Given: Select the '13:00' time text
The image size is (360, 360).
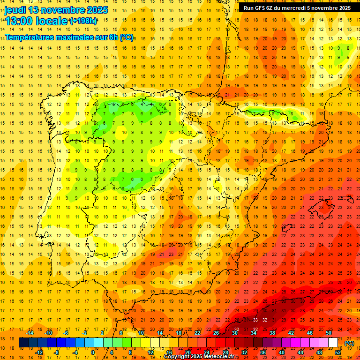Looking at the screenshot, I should click(18, 21).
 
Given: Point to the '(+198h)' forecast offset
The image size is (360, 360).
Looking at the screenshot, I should click(83, 21).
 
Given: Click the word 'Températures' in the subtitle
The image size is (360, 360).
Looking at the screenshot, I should click(28, 37).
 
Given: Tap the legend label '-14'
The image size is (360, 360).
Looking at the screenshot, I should click(30, 333).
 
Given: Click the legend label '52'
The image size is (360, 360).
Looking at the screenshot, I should click(338, 352).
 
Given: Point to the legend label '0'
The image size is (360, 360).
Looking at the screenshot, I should click(92, 352).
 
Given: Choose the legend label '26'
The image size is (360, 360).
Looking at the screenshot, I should click(216, 333).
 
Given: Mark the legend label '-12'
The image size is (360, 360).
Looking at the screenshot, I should click(39, 352).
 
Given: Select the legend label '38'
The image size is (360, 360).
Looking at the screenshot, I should click(272, 333).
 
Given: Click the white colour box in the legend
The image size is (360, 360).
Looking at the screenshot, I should click(333, 343).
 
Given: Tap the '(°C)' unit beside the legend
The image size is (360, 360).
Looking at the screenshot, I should click(349, 343).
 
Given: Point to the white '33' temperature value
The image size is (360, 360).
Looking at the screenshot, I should click(255, 320).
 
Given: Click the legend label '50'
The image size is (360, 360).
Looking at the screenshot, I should click(329, 333).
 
